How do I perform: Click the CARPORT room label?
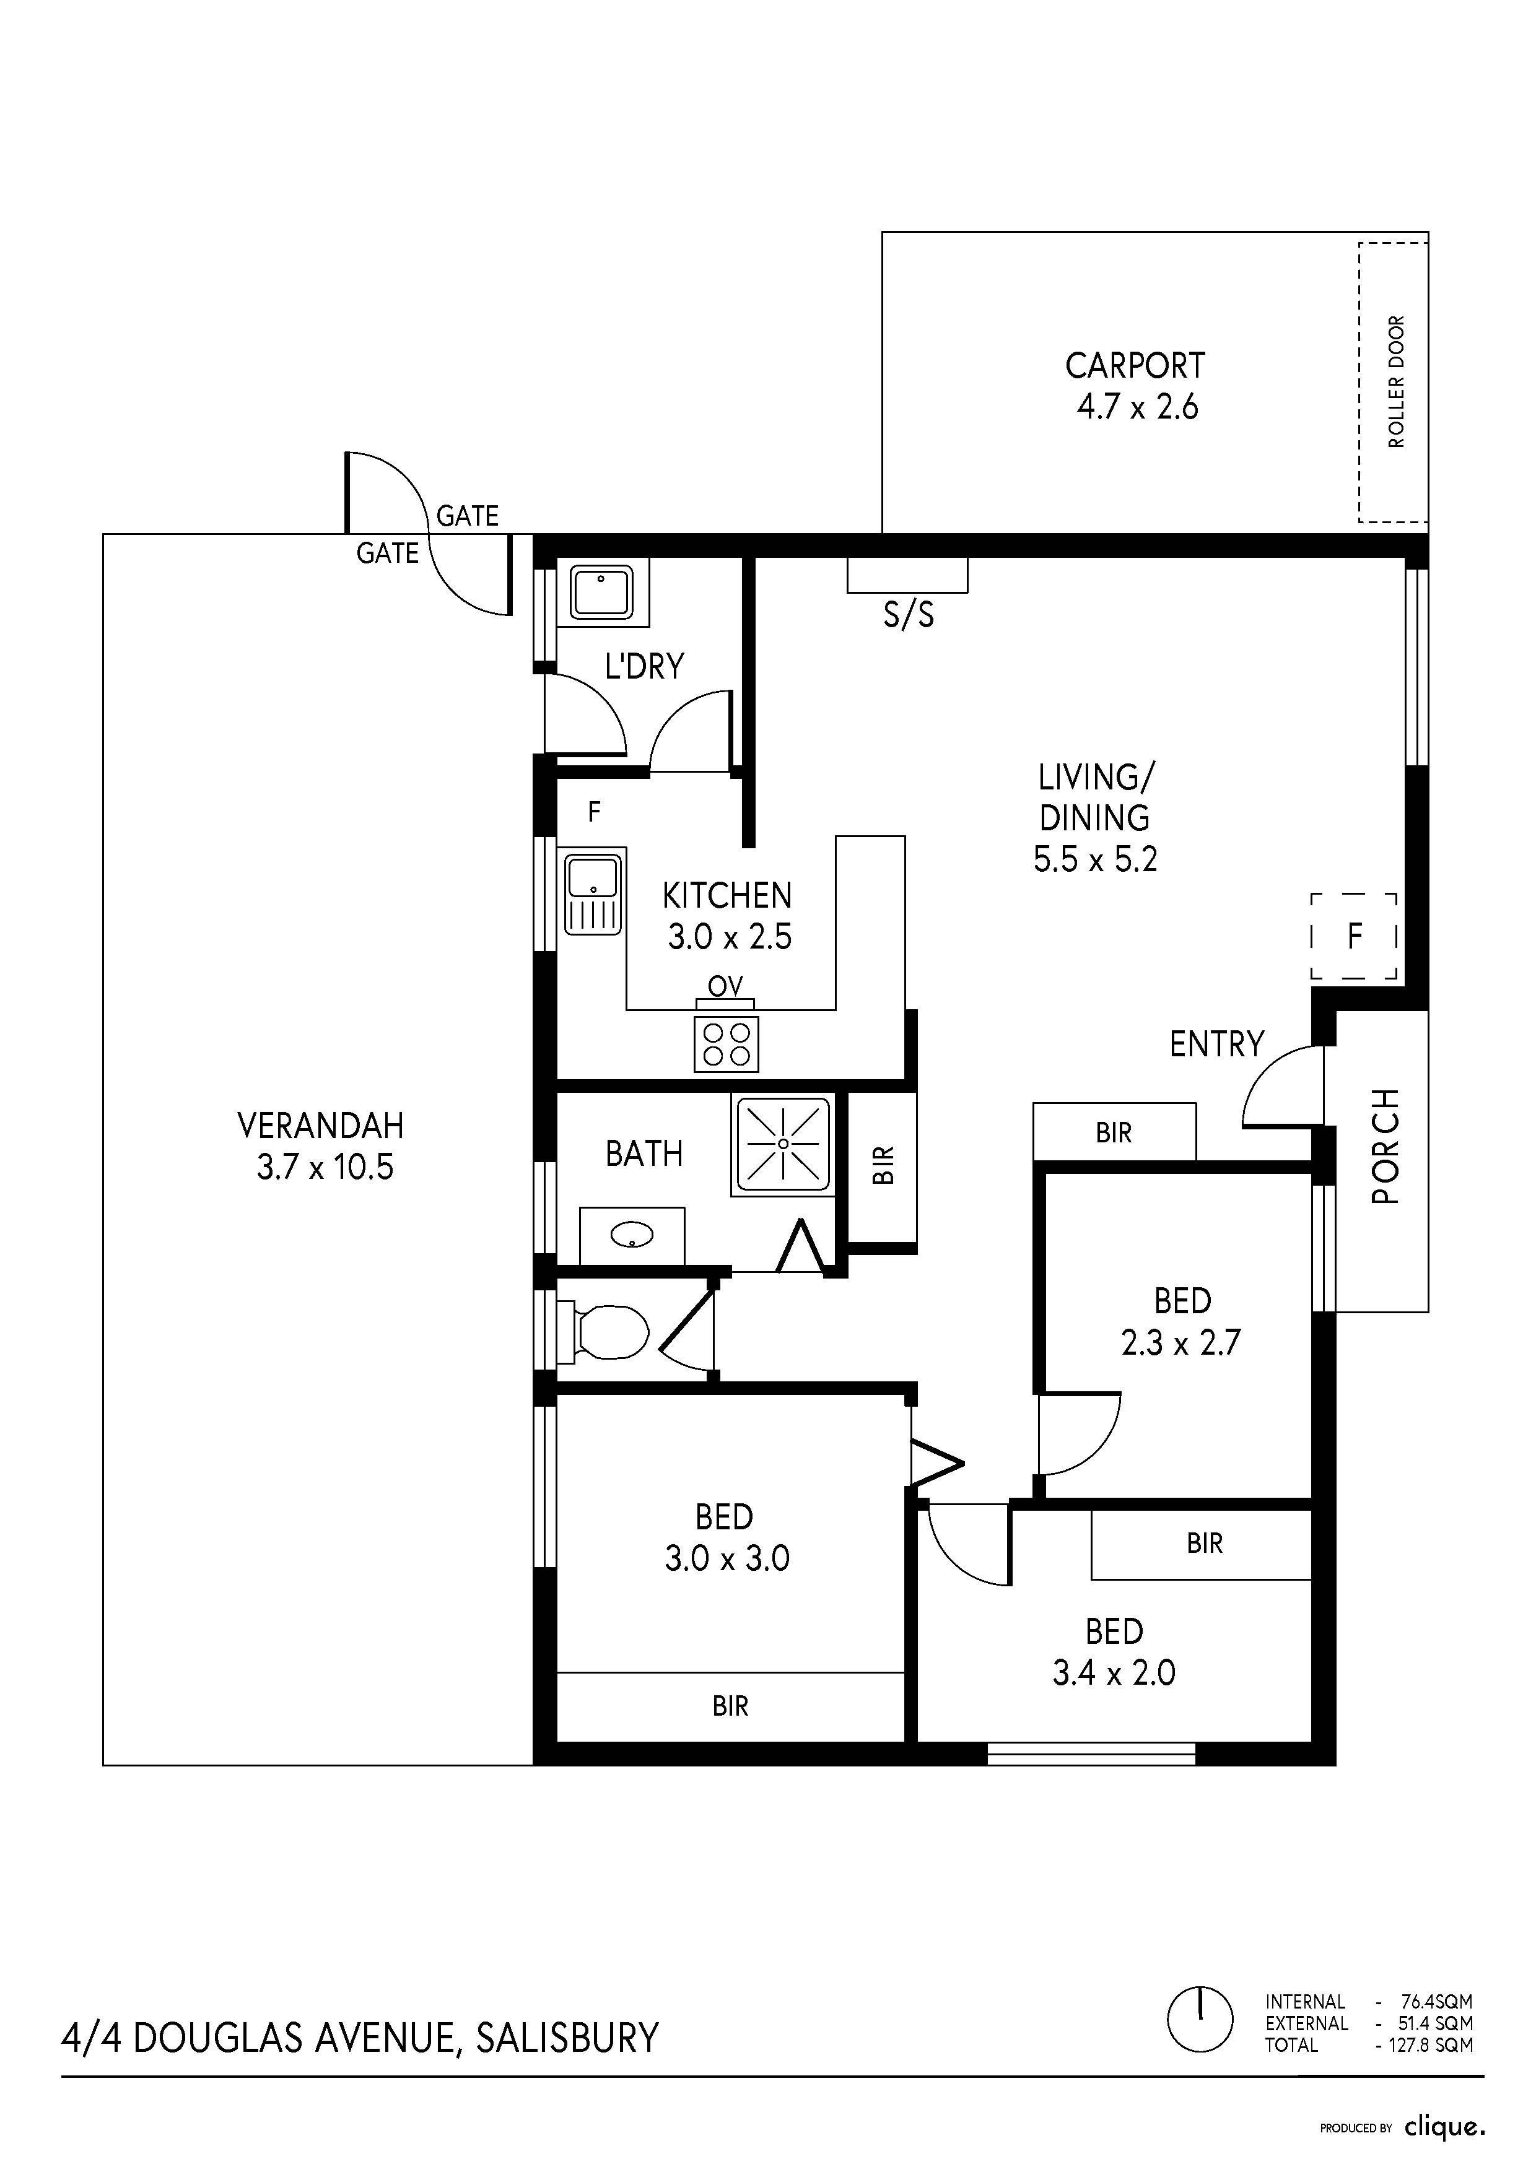(1135, 365)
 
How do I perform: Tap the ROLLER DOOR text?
(1396, 381)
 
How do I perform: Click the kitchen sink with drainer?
(593, 893)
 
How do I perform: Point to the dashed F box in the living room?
(1355, 937)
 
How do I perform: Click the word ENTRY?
(1216, 1045)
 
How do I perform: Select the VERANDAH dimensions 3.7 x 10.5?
(325, 1166)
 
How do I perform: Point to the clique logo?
(1444, 2127)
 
